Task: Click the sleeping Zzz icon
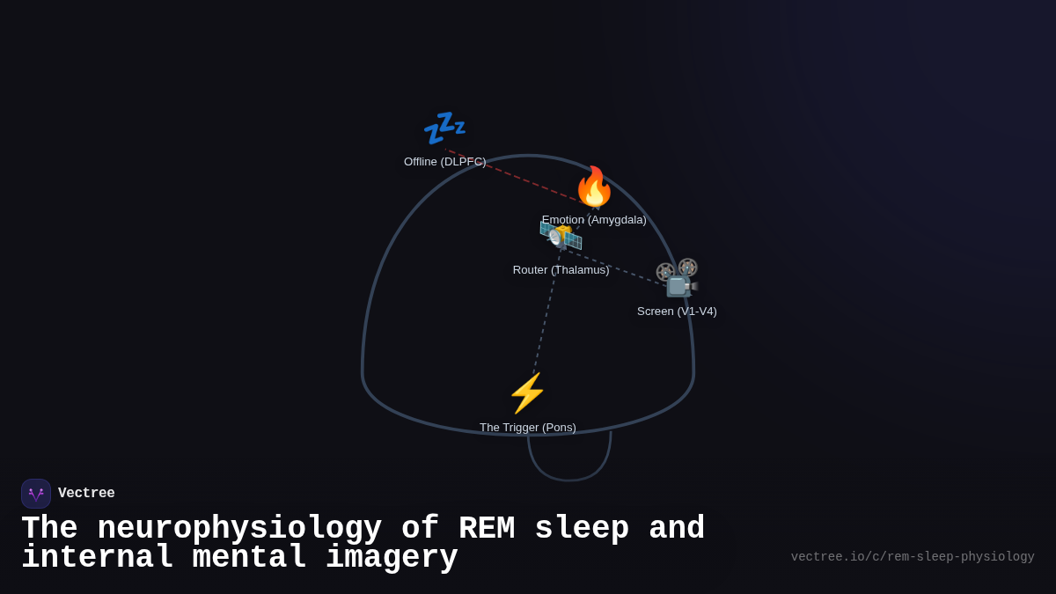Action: coord(444,128)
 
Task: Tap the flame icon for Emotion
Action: coord(594,187)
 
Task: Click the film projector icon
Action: coord(677,278)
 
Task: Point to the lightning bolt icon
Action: coord(527,392)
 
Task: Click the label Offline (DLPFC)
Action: coord(444,162)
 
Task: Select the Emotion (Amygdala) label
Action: coord(594,220)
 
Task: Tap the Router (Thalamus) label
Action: coord(561,270)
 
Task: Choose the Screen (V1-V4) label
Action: coord(677,312)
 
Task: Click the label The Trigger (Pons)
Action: coord(527,428)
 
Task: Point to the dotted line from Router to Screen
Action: coord(616,267)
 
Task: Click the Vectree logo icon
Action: coord(36,494)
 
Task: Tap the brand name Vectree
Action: coord(86,494)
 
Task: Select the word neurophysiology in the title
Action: coord(239,529)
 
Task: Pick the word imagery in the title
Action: coord(392,558)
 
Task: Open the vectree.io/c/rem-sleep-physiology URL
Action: coord(912,557)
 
